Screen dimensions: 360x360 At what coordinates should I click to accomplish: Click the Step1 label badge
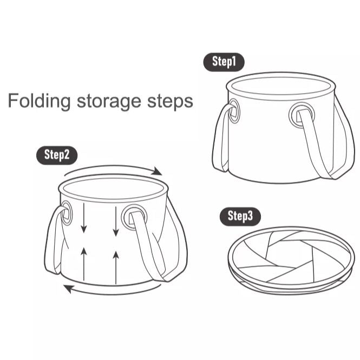click(x=224, y=62)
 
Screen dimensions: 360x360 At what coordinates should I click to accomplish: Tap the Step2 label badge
click(x=57, y=155)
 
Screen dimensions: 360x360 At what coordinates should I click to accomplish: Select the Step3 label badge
click(x=240, y=217)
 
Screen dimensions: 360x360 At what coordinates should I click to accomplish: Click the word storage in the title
click(x=108, y=102)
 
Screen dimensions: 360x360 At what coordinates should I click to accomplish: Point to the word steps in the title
click(x=170, y=102)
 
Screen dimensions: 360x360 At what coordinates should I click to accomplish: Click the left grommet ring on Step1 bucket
click(x=234, y=111)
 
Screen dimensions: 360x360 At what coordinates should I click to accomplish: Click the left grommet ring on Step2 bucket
click(x=67, y=213)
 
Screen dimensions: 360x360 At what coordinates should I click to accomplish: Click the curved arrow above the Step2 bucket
click(x=114, y=169)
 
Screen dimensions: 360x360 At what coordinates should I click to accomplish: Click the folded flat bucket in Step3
click(x=291, y=259)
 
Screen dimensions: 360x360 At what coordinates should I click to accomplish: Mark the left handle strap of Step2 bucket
click(x=53, y=244)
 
